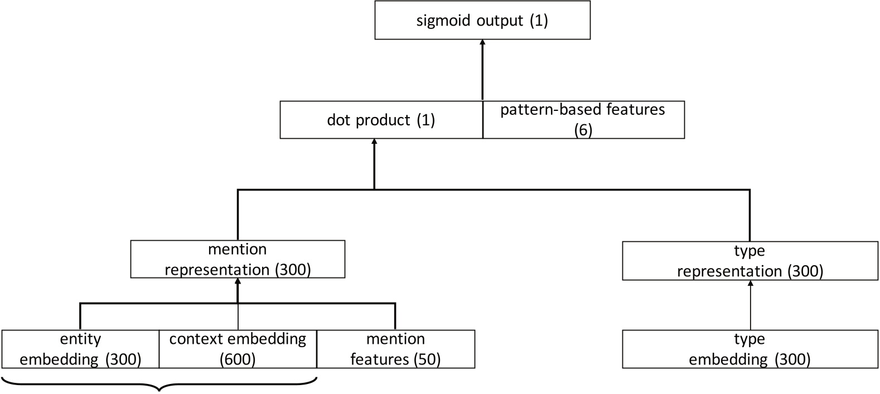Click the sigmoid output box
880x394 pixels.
tap(482, 21)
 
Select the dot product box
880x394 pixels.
tap(381, 119)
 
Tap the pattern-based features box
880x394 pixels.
tap(583, 119)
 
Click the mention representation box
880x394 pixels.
tap(238, 259)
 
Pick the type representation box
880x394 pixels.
tap(750, 261)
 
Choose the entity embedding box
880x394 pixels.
tap(80, 349)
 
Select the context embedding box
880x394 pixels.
tap(238, 349)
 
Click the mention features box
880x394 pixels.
tap(395, 349)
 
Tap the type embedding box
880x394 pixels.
tap(750, 349)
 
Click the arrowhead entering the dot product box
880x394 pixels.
tap(374, 143)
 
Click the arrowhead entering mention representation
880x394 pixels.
tap(238, 281)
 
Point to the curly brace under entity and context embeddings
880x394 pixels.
tap(160, 385)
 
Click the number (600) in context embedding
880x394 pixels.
tap(238, 360)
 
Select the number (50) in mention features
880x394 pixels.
tap(427, 360)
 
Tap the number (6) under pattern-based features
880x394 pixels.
tap(583, 130)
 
